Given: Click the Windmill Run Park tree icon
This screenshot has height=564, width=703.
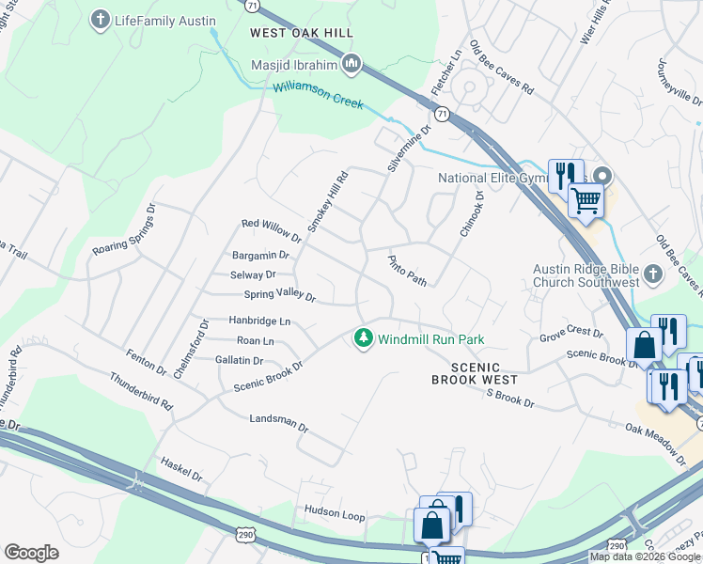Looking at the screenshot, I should point(364,338).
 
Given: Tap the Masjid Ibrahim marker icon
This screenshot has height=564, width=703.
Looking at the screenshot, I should point(352,65).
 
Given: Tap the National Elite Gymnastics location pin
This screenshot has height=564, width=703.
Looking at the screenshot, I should point(602,177).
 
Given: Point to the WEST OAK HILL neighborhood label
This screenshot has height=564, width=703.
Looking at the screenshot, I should point(301,33).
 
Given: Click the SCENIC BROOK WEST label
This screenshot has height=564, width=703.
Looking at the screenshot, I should point(474,373).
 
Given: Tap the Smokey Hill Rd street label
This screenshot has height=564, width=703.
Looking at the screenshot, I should point(328,202).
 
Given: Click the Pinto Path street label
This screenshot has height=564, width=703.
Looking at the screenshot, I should point(408,269).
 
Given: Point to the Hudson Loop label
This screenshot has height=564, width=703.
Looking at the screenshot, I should point(334,511).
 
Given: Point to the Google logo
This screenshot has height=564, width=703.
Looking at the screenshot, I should point(31,553).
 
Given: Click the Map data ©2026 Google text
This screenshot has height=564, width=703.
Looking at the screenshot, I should point(646,556).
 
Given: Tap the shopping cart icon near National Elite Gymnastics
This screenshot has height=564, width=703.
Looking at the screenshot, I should point(586,199).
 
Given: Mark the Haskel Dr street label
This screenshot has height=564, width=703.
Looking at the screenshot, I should point(181,470).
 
